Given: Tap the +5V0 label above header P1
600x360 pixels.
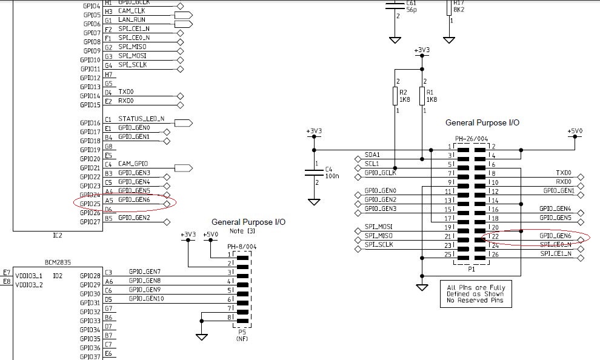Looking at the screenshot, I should tap(575, 131).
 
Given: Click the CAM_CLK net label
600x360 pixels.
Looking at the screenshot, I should tap(132, 11).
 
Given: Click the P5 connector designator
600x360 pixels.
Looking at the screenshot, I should tap(242, 332).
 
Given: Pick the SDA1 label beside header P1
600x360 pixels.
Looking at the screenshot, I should tap(372, 155).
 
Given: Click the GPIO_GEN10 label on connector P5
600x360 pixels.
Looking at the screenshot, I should tap(145, 298).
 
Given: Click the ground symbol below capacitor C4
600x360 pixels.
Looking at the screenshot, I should tap(314, 199).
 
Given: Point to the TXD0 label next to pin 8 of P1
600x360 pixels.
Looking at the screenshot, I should tap(564, 173).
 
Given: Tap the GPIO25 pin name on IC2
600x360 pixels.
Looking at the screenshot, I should tap(90, 204).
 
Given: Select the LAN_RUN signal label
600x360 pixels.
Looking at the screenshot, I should tap(132, 20).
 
